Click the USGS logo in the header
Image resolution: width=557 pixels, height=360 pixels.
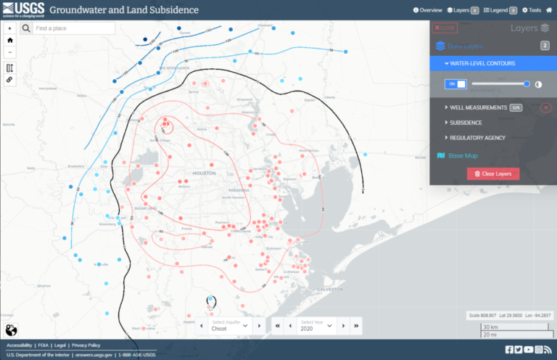(x=23, y=9)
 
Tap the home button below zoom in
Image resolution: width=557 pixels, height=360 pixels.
(x=10, y=41)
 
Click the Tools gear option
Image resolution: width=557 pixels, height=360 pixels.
(x=531, y=10)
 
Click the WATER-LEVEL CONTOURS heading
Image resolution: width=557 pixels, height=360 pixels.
(x=482, y=63)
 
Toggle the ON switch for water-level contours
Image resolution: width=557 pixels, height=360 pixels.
(x=455, y=84)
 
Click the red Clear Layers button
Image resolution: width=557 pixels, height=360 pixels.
(x=493, y=174)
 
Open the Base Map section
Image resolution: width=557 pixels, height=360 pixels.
(x=462, y=155)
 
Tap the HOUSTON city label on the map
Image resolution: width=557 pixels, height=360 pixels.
(x=205, y=173)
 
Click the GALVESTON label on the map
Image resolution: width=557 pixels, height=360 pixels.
(x=330, y=289)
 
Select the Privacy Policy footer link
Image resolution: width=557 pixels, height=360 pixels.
(x=86, y=345)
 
